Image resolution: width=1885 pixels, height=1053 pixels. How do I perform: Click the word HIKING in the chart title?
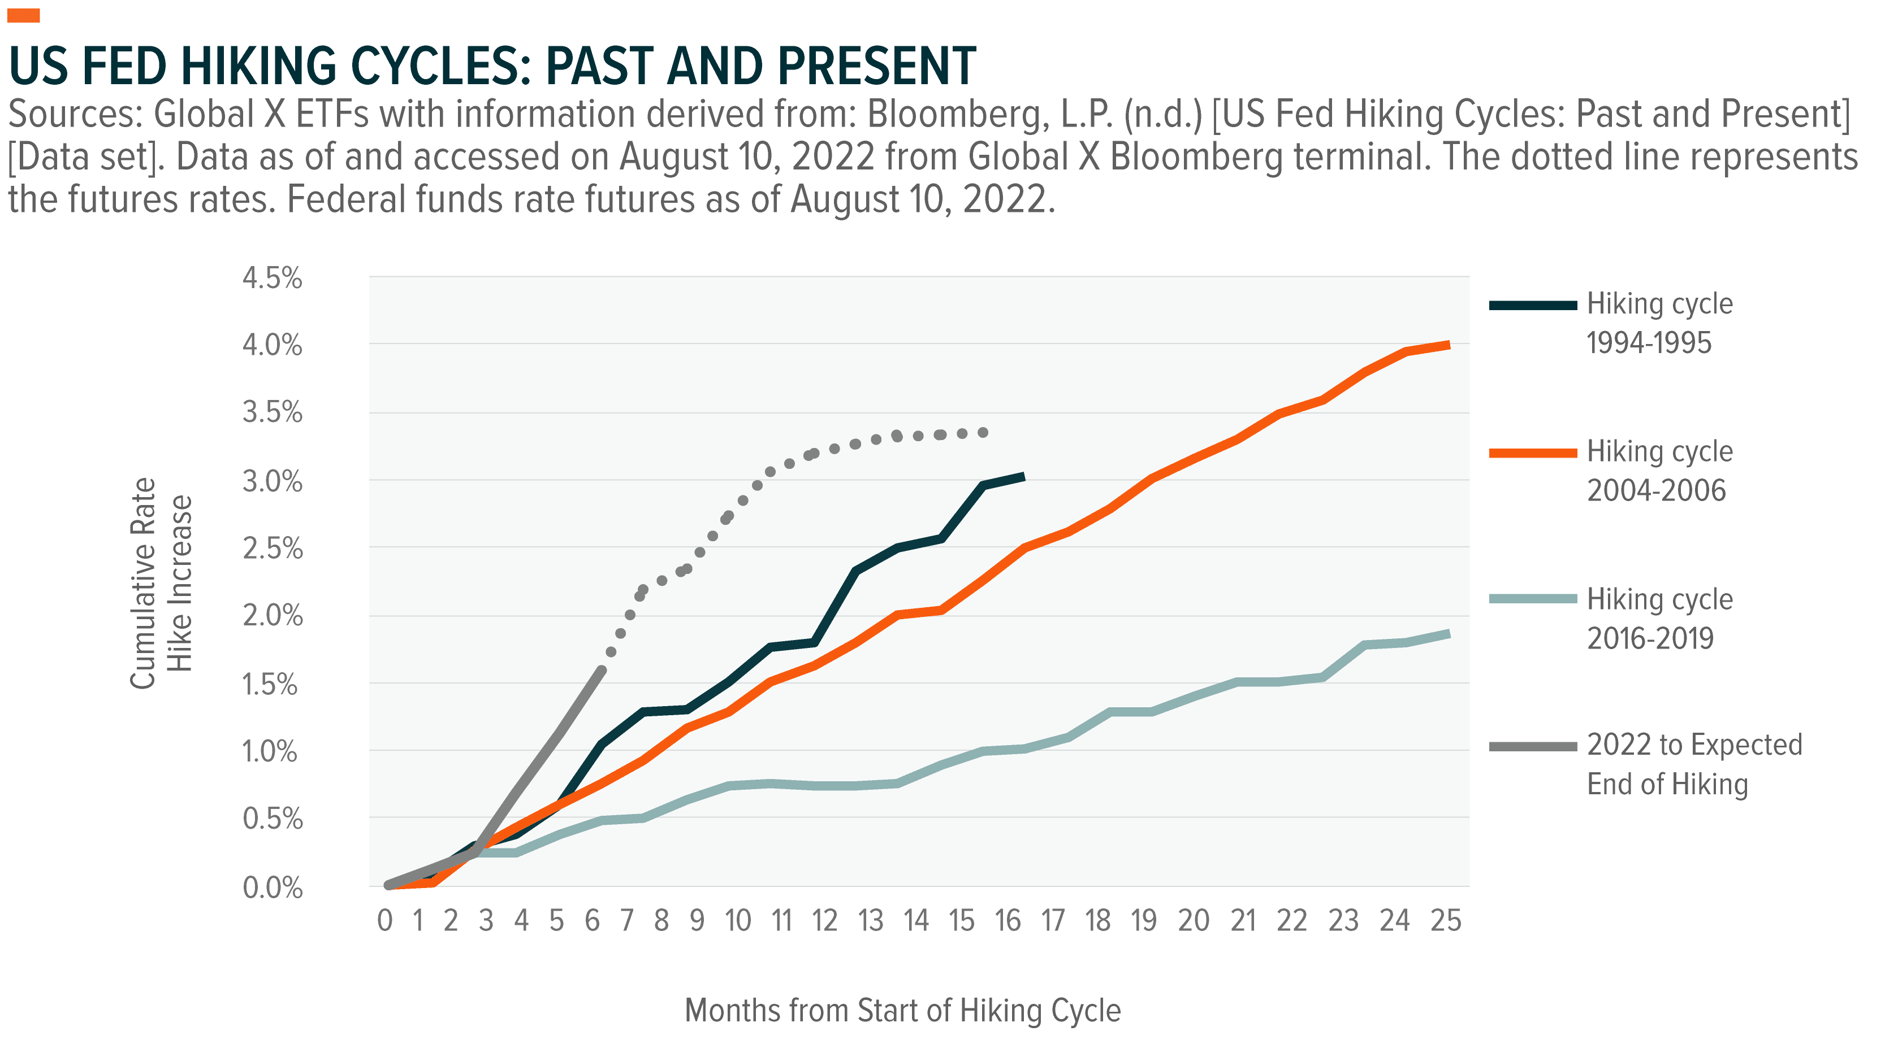tap(258, 66)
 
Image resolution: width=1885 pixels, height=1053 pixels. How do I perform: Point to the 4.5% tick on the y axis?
tap(272, 279)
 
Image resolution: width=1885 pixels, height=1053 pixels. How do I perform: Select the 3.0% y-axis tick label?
tap(272, 482)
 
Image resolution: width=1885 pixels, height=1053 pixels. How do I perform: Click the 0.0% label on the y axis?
tap(272, 889)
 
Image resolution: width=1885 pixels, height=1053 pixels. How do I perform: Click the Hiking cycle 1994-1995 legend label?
tap(1659, 323)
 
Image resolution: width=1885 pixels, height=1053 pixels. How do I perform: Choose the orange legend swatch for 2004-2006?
tap(1533, 454)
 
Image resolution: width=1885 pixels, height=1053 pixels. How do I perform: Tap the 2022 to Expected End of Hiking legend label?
tap(1694, 764)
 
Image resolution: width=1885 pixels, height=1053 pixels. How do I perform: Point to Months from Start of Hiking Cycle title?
tap(903, 1011)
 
